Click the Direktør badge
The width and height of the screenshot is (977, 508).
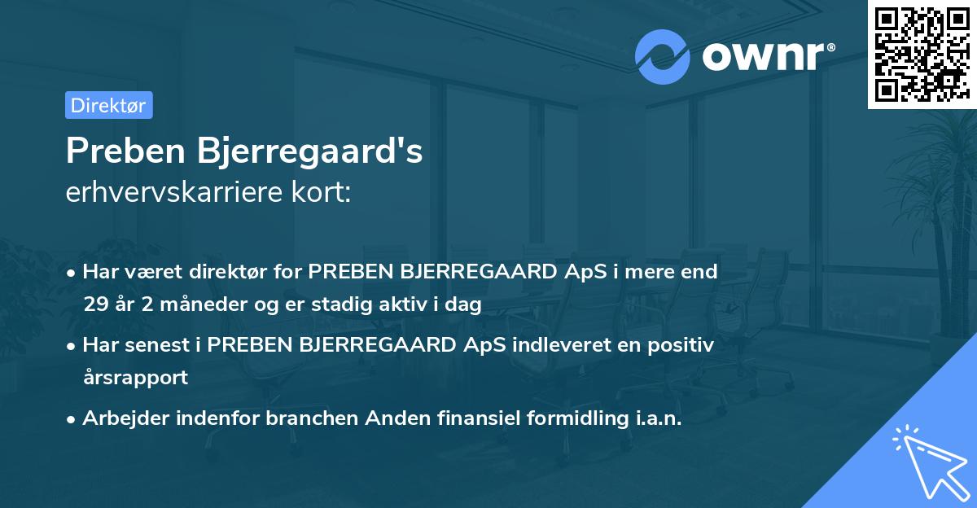click(108, 105)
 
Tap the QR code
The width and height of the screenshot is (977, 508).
click(921, 54)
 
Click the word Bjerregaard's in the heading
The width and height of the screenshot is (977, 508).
click(318, 152)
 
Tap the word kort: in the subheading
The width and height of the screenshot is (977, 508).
click(324, 193)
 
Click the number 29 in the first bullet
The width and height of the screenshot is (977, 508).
click(94, 304)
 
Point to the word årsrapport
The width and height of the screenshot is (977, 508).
click(135, 377)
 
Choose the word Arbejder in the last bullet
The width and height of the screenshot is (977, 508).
click(123, 418)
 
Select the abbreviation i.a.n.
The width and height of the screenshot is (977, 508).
click(655, 418)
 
